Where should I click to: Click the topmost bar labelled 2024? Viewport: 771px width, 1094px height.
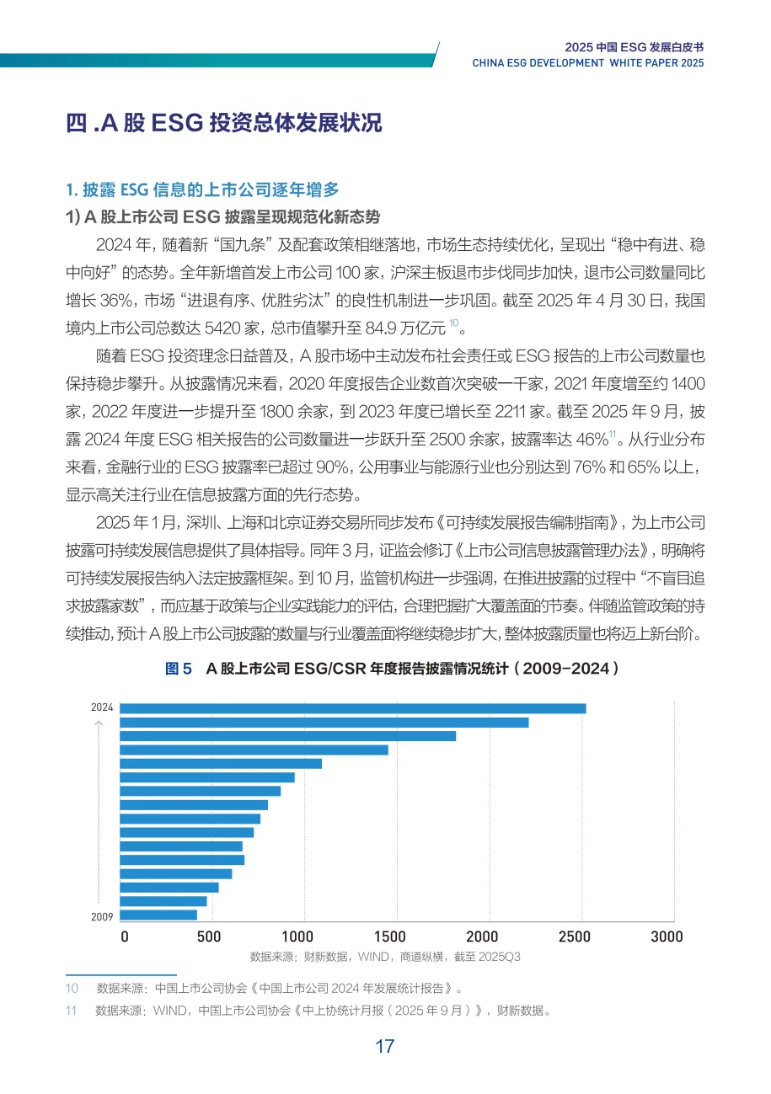point(353,708)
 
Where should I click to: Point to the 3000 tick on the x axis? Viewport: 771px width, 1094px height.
point(667,937)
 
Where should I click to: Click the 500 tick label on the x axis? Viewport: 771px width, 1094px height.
point(208,937)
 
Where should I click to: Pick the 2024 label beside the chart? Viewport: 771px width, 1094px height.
point(101,708)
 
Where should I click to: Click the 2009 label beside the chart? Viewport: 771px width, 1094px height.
point(101,915)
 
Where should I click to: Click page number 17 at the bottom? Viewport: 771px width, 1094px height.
point(384,1047)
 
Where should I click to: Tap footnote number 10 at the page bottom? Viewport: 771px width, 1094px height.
point(72,988)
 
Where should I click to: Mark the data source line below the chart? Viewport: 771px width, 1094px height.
point(384,957)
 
